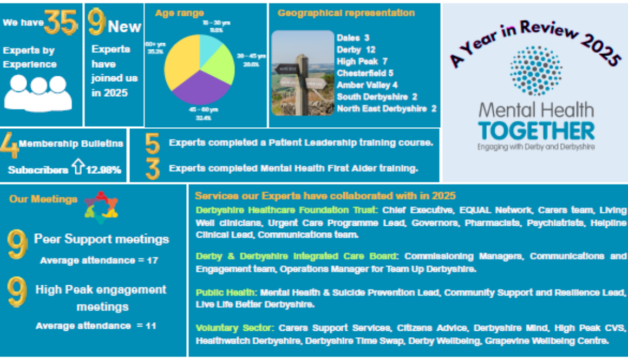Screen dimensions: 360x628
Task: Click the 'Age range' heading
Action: pyautogui.click(x=179, y=13)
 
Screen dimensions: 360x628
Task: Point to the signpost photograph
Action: pyautogui.click(x=302, y=78)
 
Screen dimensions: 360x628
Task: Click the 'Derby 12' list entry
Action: pyautogui.click(x=356, y=50)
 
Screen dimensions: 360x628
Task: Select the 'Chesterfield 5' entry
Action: pyautogui.click(x=365, y=73)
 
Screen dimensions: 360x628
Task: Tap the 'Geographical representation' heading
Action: pyautogui.click(x=346, y=13)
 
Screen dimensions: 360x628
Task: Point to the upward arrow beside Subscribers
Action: pyautogui.click(x=78, y=168)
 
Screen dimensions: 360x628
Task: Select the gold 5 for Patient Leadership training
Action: pyautogui.click(x=153, y=143)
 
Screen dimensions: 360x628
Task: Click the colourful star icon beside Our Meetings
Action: pyautogui.click(x=101, y=207)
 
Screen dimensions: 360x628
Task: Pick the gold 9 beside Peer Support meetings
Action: pyautogui.click(x=18, y=244)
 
